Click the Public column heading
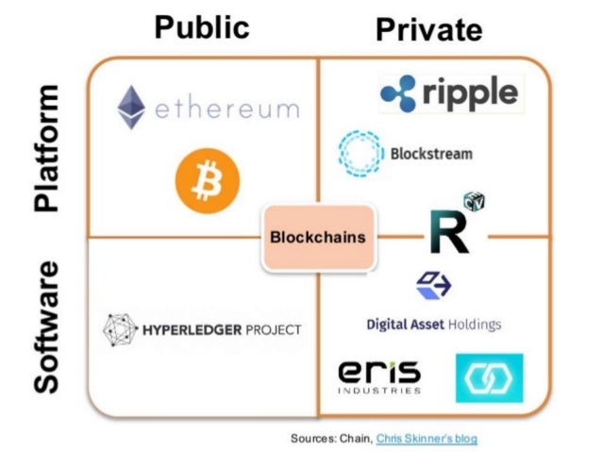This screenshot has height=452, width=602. coord(202,25)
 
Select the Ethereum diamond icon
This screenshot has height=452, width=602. coord(131,108)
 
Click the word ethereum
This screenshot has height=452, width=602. coord(226,109)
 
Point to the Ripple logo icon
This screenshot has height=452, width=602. coord(399,92)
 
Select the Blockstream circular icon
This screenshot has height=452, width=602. coord(360,153)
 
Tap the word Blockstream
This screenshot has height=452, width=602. coord(431,153)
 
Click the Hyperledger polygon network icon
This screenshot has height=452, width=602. coord(119,329)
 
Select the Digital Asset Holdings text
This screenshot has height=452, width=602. coord(433,325)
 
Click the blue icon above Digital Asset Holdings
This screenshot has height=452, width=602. coord(433,286)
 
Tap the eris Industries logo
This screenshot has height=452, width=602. coord(378,376)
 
